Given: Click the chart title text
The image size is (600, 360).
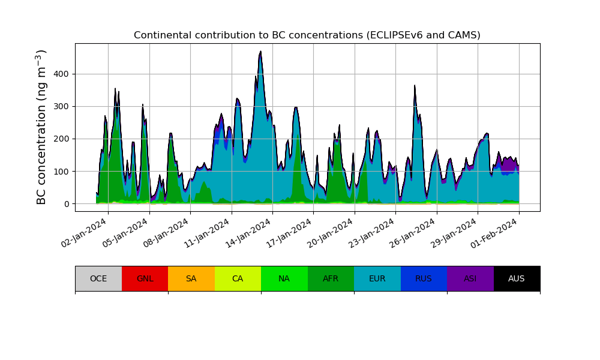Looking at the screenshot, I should [x=307, y=35].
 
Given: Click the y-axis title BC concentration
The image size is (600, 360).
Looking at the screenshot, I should [x=41, y=127].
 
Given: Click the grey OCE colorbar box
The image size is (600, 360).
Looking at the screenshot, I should [x=98, y=278].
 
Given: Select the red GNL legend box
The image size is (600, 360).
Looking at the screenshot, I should [x=145, y=278].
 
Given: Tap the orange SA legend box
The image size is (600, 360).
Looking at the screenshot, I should [x=191, y=278].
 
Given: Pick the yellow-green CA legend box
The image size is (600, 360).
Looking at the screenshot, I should [x=238, y=278].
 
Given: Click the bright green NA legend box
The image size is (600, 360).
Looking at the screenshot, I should [x=284, y=278].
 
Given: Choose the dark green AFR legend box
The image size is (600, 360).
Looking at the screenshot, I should [x=331, y=278].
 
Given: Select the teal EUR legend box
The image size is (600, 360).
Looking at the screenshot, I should [x=377, y=278].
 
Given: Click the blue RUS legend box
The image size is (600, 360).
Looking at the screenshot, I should [x=424, y=278].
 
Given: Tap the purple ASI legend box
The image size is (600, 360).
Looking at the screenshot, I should [x=470, y=278].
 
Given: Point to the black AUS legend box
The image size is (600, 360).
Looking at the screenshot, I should [x=517, y=278].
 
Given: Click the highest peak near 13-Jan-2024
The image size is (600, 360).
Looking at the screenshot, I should [x=260, y=52].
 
